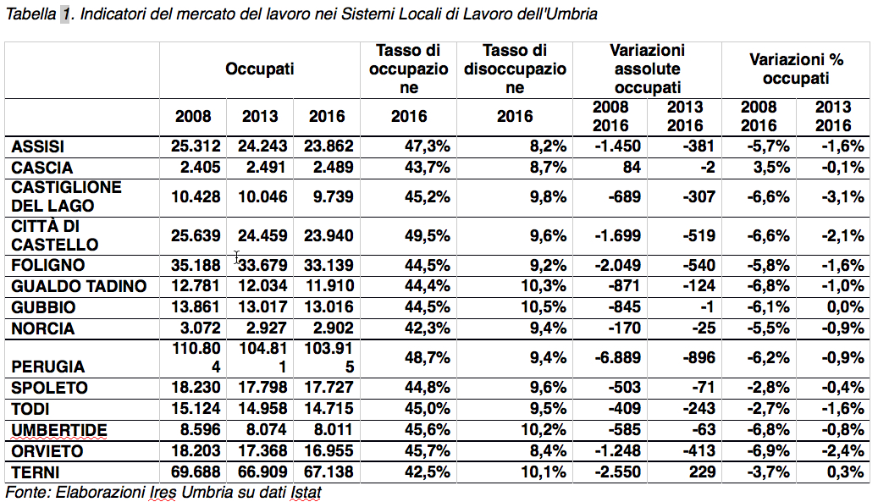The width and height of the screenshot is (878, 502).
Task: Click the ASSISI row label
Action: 37,146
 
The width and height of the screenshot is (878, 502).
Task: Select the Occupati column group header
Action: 259,69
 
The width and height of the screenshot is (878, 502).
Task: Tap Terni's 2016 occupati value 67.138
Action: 329,472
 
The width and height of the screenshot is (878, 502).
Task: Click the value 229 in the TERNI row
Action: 702,472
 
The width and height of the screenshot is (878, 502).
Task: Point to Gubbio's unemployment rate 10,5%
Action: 544,307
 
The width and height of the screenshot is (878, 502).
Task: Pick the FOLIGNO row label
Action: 48,265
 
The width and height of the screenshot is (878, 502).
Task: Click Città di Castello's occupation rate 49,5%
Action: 428,235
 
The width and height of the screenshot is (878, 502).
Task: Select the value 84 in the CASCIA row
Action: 632,168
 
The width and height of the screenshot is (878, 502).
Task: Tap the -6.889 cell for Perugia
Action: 617,357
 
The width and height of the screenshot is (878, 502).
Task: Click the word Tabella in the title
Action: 30,14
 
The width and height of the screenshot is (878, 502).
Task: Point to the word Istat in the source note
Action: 306,493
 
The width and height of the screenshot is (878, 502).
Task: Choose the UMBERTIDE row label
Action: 58,430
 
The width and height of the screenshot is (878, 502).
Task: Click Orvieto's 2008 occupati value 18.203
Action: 196,451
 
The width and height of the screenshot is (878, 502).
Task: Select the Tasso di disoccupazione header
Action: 515,69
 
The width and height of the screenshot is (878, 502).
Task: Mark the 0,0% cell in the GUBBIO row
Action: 845,307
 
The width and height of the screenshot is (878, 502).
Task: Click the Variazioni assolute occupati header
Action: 648,69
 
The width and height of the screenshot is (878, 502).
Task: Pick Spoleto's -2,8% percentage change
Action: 770,388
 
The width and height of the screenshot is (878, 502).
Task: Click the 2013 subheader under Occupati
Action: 260,117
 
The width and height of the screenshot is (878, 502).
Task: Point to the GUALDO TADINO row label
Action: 79,286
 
